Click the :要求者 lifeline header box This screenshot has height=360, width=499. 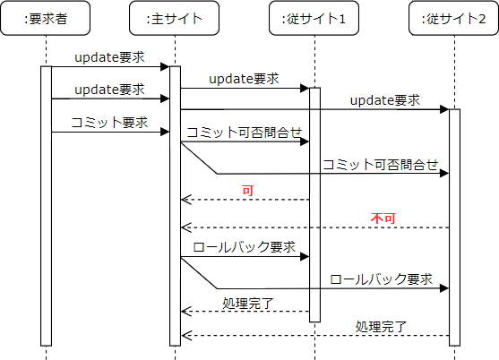click(x=45, y=19)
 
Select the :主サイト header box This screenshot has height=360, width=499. click(x=174, y=19)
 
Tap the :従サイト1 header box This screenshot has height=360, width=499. click(x=314, y=19)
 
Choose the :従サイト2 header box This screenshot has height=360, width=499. click(x=453, y=19)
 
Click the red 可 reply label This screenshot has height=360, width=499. click(x=248, y=190)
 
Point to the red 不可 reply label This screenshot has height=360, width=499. click(x=383, y=218)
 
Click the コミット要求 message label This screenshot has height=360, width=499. click(x=108, y=122)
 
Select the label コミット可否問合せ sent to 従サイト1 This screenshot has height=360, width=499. click(x=244, y=132)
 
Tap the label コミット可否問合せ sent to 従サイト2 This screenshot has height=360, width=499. click(x=380, y=164)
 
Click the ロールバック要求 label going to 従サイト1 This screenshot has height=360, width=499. click(x=244, y=247)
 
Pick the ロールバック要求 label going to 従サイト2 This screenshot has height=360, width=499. click(x=382, y=279)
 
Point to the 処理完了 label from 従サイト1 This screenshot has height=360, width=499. click(x=248, y=302)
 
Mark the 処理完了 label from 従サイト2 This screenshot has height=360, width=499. click(x=382, y=326)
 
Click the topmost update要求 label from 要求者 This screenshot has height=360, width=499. click(x=109, y=56)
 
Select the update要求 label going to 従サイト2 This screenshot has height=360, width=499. click(x=384, y=99)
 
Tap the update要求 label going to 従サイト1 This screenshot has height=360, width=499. click(x=244, y=79)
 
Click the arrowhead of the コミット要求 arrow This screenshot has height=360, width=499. click(x=165, y=133)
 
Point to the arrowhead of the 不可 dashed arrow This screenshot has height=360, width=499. click(x=185, y=227)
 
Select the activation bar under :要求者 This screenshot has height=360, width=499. click(x=46, y=205)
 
